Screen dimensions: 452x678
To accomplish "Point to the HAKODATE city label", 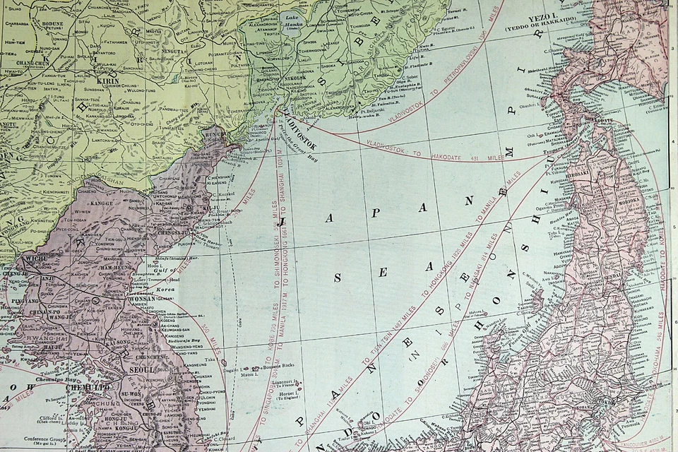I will pos(599,120).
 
